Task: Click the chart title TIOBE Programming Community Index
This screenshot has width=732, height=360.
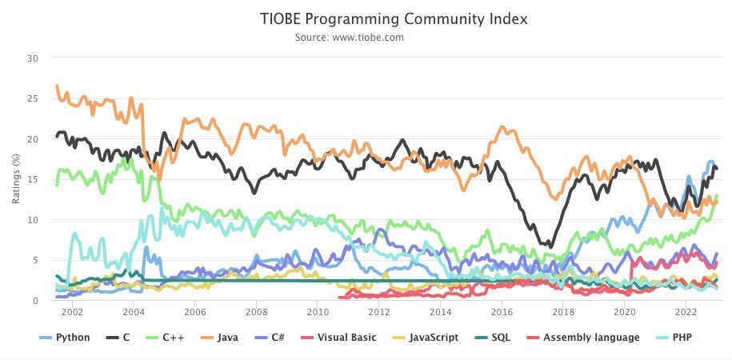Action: tap(394, 18)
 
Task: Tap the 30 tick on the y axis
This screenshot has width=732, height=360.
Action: tap(33, 58)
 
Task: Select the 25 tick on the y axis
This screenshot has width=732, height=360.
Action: tap(33, 98)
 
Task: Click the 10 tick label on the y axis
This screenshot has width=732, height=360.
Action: tap(33, 220)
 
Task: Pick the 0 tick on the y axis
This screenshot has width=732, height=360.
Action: tap(35, 301)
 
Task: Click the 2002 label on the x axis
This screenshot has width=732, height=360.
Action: tap(72, 312)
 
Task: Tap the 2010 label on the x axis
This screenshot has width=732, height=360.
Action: tap(318, 312)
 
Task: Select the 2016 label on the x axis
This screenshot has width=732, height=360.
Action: tap(502, 312)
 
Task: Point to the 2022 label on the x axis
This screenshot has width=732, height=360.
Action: tap(686, 312)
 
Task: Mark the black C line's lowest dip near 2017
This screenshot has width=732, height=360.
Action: tap(549, 246)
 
